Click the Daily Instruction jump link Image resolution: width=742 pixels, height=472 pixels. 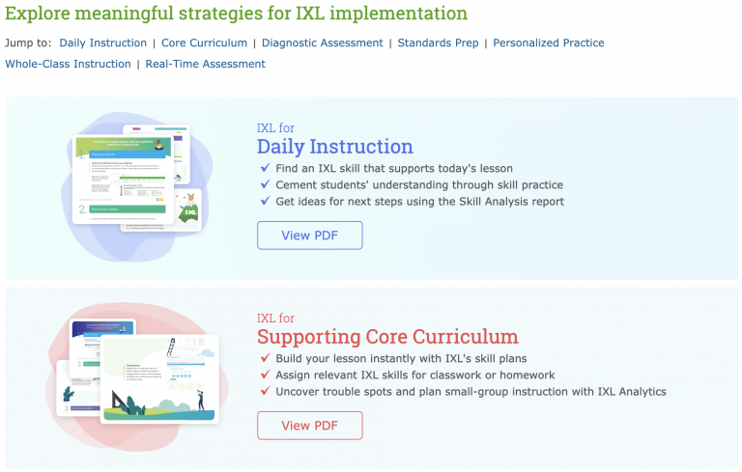[102, 42]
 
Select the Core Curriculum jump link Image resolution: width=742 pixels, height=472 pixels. [204, 42]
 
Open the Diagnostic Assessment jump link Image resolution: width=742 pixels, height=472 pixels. [322, 42]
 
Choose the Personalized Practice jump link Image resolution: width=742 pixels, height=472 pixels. [549, 42]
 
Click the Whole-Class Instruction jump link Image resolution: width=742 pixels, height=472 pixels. [68, 64]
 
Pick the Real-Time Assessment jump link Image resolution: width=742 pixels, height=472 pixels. [205, 64]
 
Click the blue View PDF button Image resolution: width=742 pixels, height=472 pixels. [309, 236]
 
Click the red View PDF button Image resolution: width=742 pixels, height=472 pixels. [309, 426]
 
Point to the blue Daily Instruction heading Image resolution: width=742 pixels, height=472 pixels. [334, 147]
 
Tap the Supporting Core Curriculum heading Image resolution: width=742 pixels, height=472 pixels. [386, 337]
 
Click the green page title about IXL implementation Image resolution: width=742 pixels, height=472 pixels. [236, 14]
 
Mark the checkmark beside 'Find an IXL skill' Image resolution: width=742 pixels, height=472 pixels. [265, 168]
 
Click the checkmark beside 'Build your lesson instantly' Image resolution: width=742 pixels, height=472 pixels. [265, 358]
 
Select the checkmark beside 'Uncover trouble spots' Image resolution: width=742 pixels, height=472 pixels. [265, 391]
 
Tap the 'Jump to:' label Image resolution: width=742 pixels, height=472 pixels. [28, 42]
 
